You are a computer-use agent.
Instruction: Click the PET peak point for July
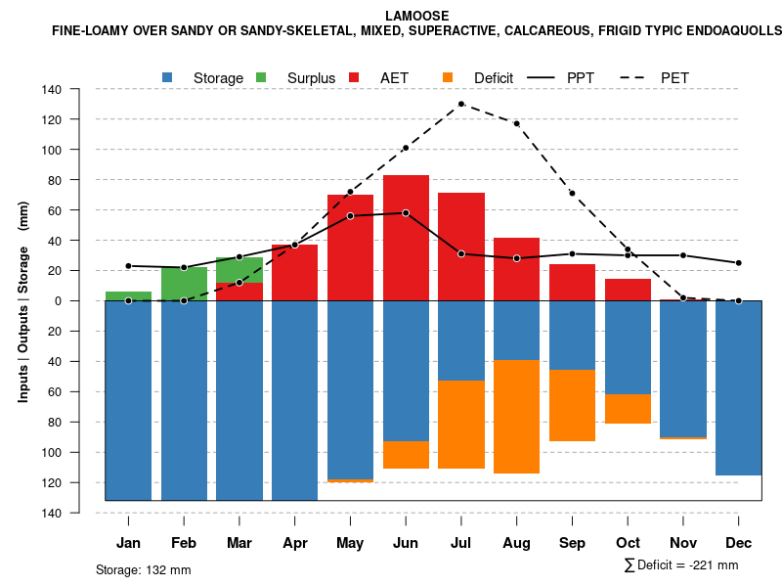(461, 104)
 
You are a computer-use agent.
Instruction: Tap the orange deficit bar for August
(517, 417)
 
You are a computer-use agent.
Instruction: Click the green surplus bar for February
(184, 284)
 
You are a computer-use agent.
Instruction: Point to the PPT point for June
(406, 212)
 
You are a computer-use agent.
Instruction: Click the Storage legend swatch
(168, 77)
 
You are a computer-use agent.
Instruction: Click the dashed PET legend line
(636, 77)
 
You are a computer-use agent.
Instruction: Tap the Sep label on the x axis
(573, 543)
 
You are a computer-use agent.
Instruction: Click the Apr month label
(295, 543)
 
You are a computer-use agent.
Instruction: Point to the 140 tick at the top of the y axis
(79, 89)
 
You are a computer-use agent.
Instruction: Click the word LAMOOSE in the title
(417, 16)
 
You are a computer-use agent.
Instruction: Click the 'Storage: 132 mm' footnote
(144, 569)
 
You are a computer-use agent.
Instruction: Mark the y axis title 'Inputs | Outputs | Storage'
(23, 312)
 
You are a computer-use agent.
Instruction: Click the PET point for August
(517, 123)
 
